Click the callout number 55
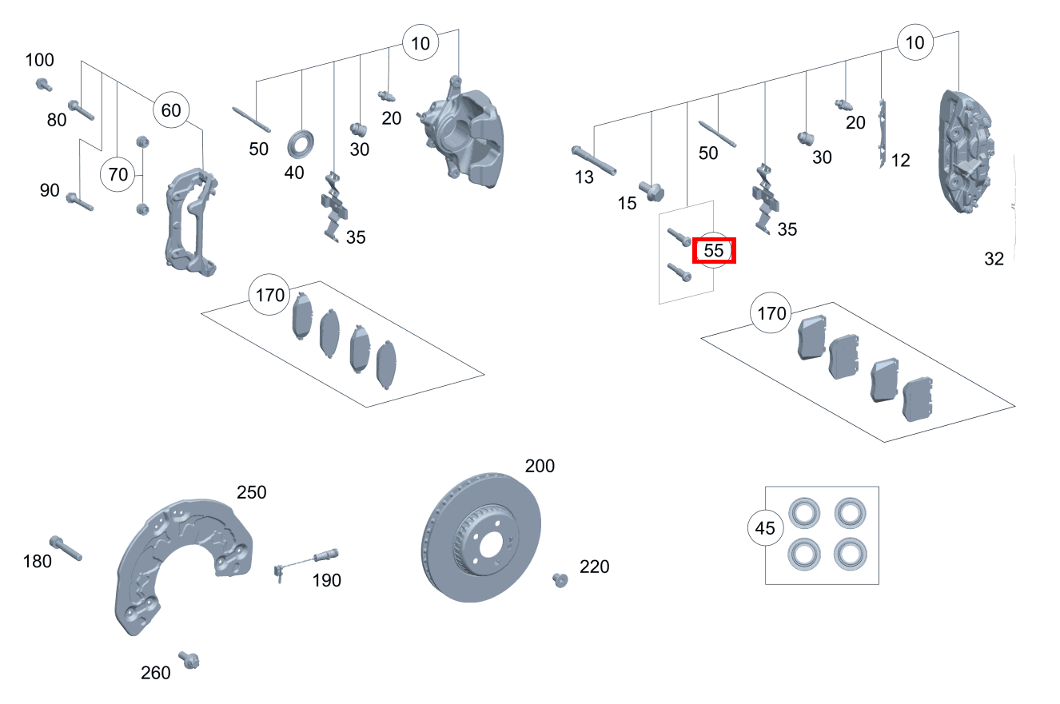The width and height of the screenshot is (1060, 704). point(714,251)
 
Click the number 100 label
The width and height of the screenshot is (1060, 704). point(40,60)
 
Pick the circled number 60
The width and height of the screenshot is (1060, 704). point(171,110)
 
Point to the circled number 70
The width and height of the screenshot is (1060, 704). point(118,174)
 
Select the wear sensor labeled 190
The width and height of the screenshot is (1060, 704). point(307,560)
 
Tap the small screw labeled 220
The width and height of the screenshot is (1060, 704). point(560,579)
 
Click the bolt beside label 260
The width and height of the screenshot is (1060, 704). point(189,660)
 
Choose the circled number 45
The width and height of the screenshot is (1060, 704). point(765,528)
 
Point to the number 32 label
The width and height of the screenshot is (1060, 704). point(994,259)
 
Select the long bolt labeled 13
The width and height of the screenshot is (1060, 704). point(594,160)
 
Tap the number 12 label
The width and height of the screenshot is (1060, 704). point(900,161)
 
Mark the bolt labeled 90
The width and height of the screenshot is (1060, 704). point(81,201)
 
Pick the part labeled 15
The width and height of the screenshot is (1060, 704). point(652,192)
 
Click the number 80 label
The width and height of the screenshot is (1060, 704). point(57,121)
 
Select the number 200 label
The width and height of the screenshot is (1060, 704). point(540,466)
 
